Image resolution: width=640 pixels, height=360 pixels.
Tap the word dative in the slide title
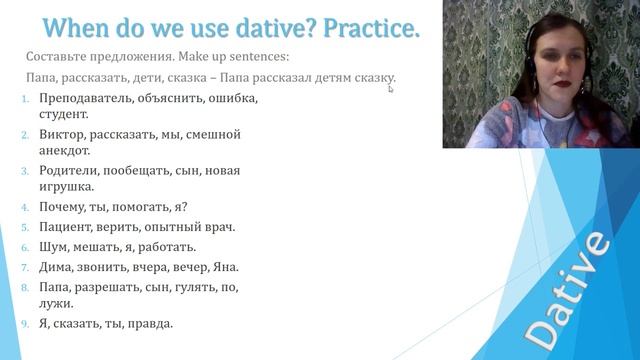(245, 27)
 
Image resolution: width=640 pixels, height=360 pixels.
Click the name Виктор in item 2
(60, 134)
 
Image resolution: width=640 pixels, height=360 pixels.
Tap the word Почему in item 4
(62, 207)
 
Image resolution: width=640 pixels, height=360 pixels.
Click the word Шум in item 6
(52, 247)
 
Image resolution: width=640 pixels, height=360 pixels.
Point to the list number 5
(25, 227)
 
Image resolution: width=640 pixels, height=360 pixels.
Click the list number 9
(25, 323)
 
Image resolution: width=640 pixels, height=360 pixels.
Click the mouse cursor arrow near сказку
(391, 89)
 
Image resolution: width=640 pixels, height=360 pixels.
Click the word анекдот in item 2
(65, 151)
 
